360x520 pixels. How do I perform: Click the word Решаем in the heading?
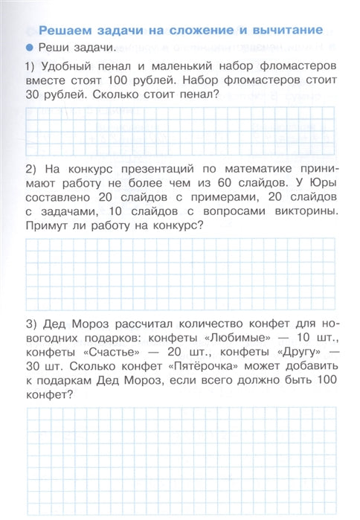tap(63, 31)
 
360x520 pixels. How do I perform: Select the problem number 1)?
tap(31, 65)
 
